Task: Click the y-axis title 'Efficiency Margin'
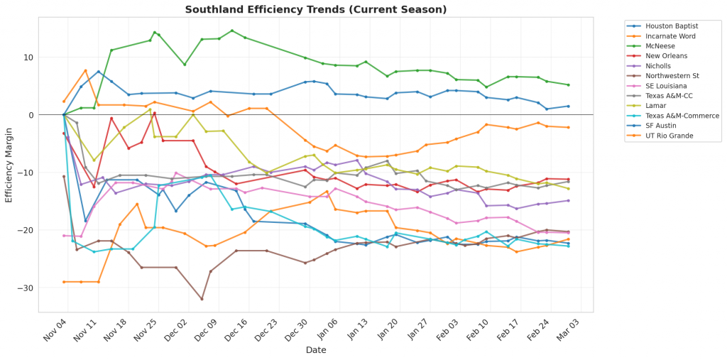[9, 164]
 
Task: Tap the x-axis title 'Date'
[316, 350]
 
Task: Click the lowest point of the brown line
[202, 299]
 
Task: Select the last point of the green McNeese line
[568, 85]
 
